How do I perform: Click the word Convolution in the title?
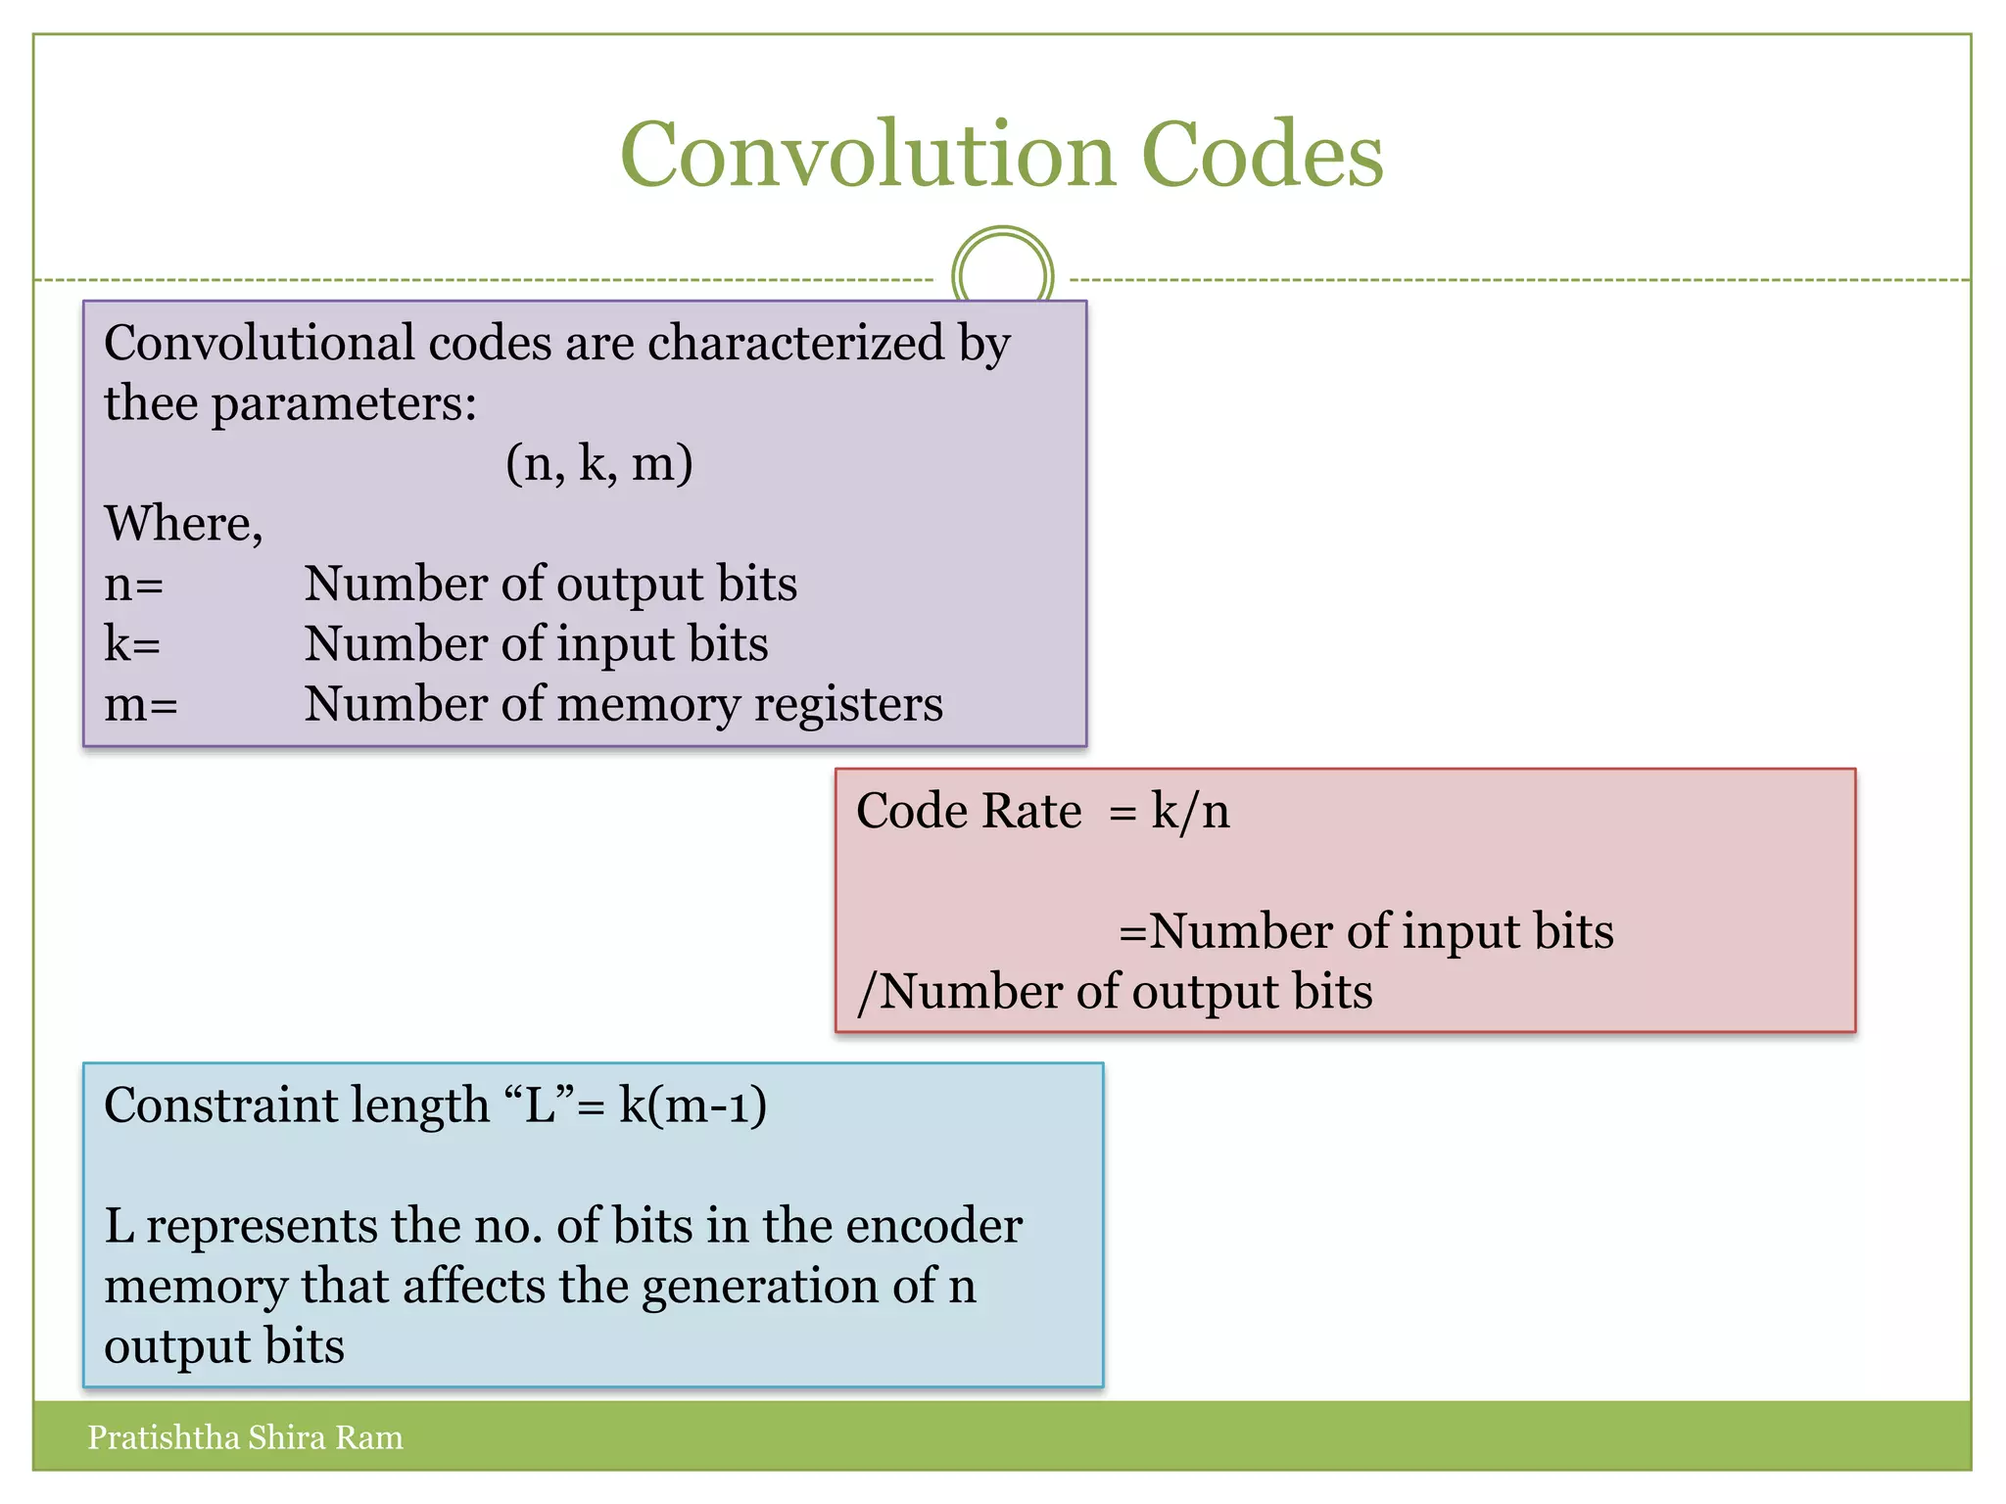pyautogui.click(x=868, y=155)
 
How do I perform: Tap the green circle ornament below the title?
pyautogui.click(x=1002, y=274)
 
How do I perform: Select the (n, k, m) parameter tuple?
pyautogui.click(x=598, y=463)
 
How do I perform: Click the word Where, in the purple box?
pyautogui.click(x=183, y=524)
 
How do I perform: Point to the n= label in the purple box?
pyautogui.click(x=133, y=585)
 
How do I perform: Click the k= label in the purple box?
pyautogui.click(x=132, y=644)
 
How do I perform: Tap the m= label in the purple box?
pyautogui.click(x=141, y=705)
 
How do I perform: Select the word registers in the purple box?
pyautogui.click(x=848, y=705)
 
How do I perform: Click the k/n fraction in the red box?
pyautogui.click(x=1190, y=812)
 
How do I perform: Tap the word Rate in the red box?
pyautogui.click(x=1031, y=812)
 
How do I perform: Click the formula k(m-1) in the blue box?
pyautogui.click(x=693, y=1105)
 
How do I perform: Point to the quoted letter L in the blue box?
pyautogui.click(x=541, y=1105)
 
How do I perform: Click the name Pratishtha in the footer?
pyautogui.click(x=163, y=1437)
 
